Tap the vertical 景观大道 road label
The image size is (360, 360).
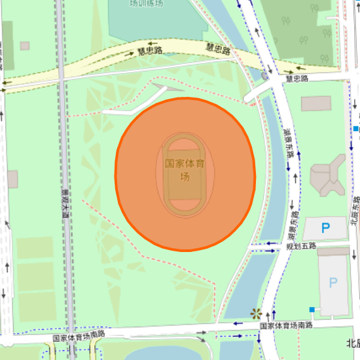[65, 202]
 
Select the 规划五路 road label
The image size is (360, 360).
[301, 246]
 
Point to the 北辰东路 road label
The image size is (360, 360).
[354, 213]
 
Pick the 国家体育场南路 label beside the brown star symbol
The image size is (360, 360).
[286, 325]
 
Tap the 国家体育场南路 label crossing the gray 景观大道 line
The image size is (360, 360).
[79, 335]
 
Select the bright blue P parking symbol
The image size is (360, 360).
[325, 228]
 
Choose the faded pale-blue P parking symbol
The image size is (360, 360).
[333, 283]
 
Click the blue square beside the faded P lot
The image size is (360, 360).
[312, 309]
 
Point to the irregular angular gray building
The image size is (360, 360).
[327, 175]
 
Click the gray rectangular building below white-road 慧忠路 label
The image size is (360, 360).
[316, 103]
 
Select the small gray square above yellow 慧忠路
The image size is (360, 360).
[25, 46]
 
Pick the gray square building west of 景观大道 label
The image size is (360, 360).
[12, 178]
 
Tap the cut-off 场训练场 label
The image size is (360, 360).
[145, 3]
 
